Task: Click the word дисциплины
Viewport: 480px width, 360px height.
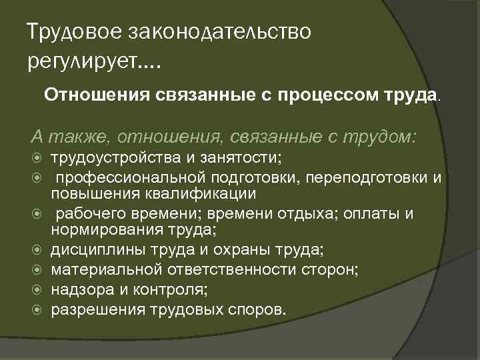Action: click(93, 250)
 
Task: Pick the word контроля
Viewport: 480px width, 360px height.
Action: click(175, 290)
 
